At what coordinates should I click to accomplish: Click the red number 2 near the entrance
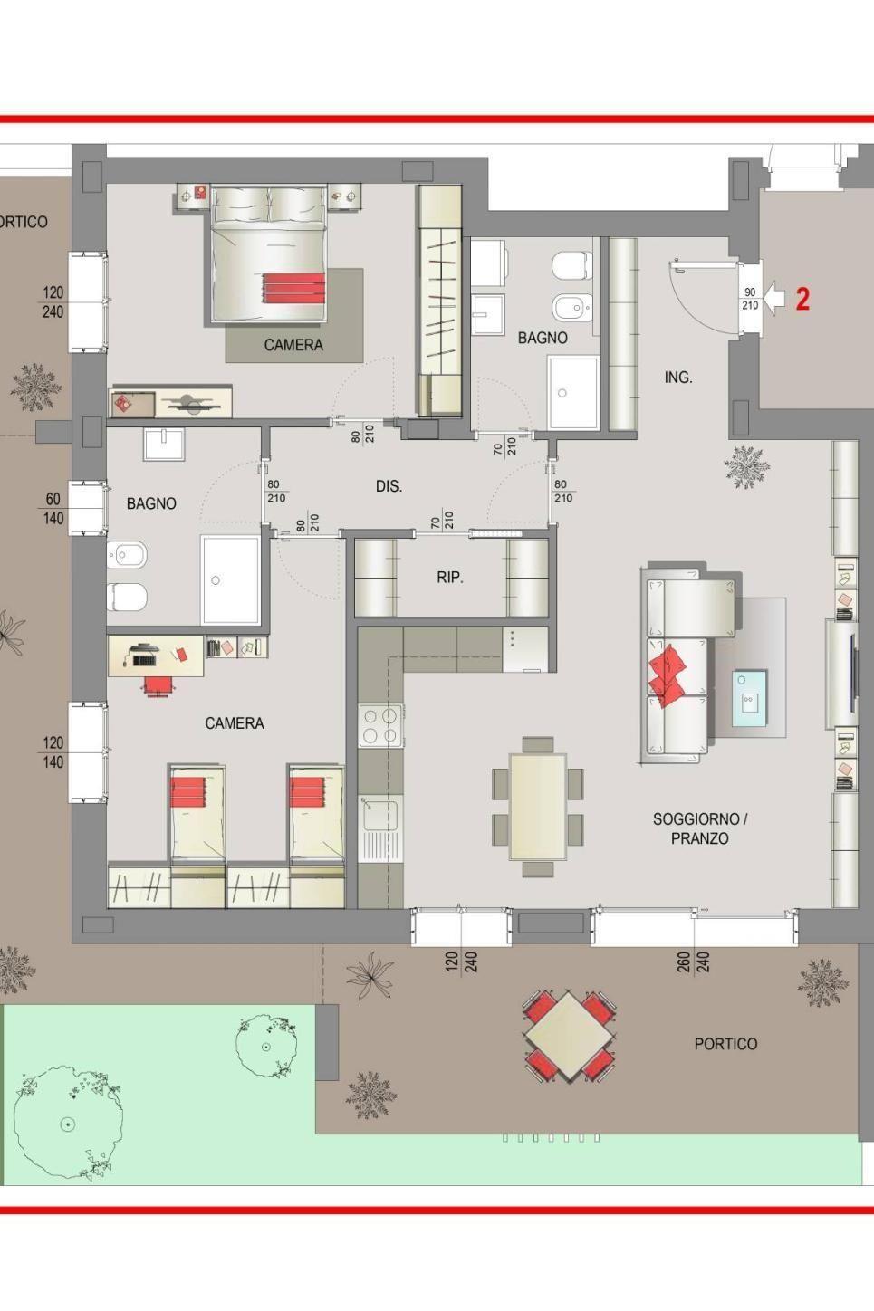click(x=802, y=299)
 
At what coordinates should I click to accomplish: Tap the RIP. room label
click(x=449, y=578)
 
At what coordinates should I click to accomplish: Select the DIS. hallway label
click(x=389, y=486)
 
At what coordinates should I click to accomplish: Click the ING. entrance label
click(x=677, y=378)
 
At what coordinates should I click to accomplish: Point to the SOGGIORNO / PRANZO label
click(x=699, y=828)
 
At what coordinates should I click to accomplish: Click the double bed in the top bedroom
click(x=268, y=254)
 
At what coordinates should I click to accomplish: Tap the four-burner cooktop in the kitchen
click(x=380, y=726)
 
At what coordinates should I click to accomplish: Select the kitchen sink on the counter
click(x=380, y=828)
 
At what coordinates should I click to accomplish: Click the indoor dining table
click(x=538, y=806)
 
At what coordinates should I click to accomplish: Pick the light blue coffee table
click(x=749, y=698)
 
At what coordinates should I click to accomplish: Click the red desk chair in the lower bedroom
click(x=158, y=686)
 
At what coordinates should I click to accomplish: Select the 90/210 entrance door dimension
click(x=750, y=299)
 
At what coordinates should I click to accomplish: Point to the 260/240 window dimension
click(x=693, y=962)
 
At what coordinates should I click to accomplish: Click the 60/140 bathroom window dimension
click(x=53, y=508)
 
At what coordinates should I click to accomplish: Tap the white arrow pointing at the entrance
click(x=775, y=298)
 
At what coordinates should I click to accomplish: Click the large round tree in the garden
click(x=68, y=1122)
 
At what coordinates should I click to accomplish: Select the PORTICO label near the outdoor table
click(x=725, y=1044)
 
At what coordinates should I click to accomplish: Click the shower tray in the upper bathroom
click(x=573, y=391)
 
